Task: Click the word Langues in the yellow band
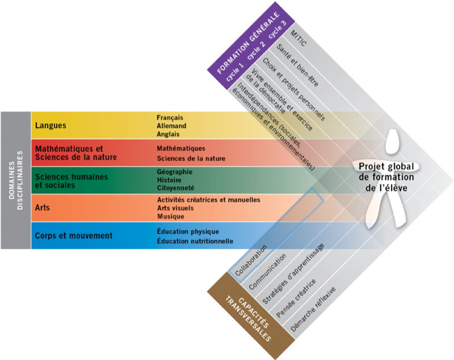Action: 51,126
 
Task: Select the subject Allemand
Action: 171,126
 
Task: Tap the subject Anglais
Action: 168,134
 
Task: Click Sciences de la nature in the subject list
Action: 191,159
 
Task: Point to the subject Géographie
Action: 174,172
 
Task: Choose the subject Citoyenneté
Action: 176,188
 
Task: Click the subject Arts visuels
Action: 176,208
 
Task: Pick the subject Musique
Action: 171,217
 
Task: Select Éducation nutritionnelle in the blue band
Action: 195,241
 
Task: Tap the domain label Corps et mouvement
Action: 73,236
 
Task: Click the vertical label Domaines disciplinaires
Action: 16,180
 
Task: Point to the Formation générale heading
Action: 248,42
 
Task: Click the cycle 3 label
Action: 278,29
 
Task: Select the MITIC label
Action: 298,38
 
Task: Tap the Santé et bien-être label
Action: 297,66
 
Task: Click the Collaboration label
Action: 251,261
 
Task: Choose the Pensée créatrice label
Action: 296,299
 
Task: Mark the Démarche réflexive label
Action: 313,309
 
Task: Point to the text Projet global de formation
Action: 387,172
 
